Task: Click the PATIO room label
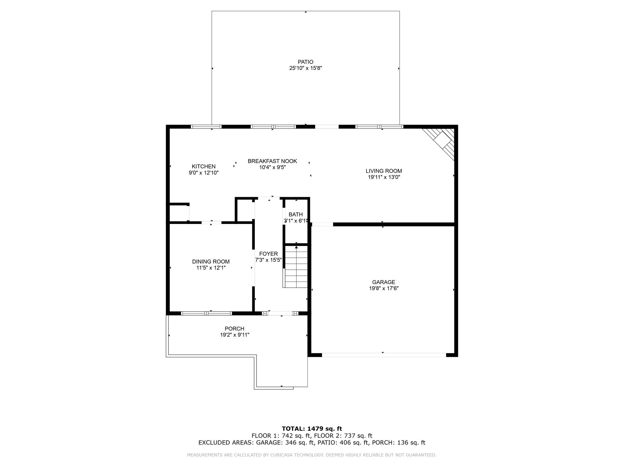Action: (x=306, y=62)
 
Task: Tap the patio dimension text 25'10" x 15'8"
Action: (x=306, y=68)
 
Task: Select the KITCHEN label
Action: (x=204, y=166)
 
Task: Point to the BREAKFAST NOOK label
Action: (x=272, y=161)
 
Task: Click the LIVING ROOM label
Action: (x=384, y=171)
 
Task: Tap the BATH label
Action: (x=296, y=214)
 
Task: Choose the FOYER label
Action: (x=268, y=254)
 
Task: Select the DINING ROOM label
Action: (x=211, y=261)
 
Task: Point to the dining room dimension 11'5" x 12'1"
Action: (x=211, y=268)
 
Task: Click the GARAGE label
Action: (x=384, y=282)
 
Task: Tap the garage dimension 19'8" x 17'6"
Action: (x=384, y=288)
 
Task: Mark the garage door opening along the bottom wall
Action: (x=384, y=355)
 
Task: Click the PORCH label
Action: (x=234, y=328)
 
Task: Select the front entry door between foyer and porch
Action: (x=280, y=313)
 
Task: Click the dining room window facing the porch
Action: (x=207, y=313)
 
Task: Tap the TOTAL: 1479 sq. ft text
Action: (x=312, y=429)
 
